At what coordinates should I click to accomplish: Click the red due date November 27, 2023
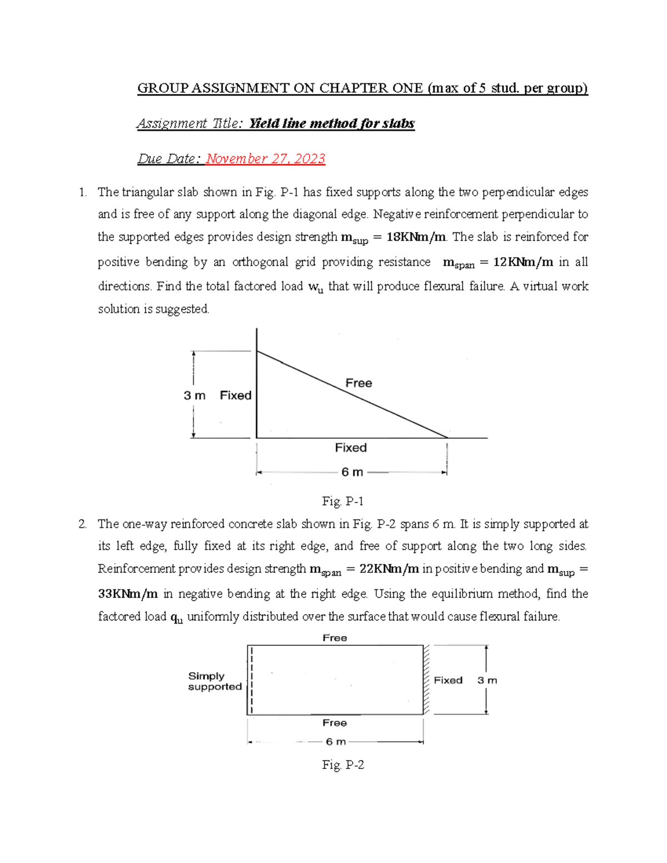[265, 159]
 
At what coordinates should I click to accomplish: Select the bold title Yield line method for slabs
[331, 123]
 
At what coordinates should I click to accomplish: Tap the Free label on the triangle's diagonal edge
[359, 383]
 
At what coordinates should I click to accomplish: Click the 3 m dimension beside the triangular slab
[195, 395]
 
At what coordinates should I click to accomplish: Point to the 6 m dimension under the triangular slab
[352, 472]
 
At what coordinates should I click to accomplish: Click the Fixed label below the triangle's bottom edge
[351, 447]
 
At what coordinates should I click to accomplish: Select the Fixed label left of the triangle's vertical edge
[236, 395]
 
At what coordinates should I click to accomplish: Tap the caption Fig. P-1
[342, 501]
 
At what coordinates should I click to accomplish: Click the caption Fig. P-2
[343, 765]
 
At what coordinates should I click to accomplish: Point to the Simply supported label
[215, 681]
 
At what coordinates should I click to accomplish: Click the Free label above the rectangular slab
[335, 638]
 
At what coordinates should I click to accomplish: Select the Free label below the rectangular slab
[335, 722]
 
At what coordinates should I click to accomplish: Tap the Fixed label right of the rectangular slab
[448, 680]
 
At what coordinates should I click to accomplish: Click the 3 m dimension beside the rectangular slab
[487, 680]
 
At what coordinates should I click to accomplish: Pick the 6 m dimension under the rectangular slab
[336, 742]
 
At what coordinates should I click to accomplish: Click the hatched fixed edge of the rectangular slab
[426, 680]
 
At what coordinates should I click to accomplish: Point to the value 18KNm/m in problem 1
[416, 237]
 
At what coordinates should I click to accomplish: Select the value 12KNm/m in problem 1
[523, 262]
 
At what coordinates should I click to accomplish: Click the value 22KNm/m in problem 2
[389, 568]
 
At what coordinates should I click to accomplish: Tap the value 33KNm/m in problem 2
[128, 593]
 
